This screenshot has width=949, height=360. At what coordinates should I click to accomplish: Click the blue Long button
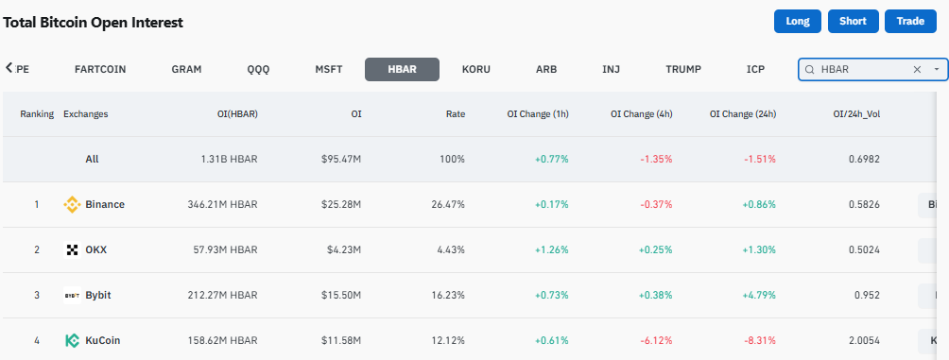798,21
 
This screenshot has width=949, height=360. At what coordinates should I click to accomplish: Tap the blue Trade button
910,21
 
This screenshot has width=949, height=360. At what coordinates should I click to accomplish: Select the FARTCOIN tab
100,69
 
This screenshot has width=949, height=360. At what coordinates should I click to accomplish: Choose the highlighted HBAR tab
402,69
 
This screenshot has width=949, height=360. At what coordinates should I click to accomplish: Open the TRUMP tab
683,69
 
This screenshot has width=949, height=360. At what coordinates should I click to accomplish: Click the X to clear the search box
917,70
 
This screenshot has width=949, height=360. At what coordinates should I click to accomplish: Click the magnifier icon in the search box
809,70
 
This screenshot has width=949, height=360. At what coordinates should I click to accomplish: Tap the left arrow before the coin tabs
9,67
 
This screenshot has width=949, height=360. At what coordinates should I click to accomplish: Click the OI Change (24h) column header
743,113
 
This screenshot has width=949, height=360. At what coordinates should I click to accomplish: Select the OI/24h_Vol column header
856,113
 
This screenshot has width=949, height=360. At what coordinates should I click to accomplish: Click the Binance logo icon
72,204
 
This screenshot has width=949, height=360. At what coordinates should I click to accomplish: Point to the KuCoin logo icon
72,341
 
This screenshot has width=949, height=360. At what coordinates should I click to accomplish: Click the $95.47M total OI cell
341,159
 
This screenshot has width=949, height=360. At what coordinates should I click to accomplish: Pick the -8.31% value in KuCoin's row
759,341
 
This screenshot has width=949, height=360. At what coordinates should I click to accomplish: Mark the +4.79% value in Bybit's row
759,295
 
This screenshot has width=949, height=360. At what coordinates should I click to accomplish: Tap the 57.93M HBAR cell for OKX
223,249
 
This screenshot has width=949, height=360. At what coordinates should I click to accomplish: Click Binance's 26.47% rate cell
448,204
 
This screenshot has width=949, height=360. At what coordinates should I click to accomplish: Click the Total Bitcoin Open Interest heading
94,23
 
